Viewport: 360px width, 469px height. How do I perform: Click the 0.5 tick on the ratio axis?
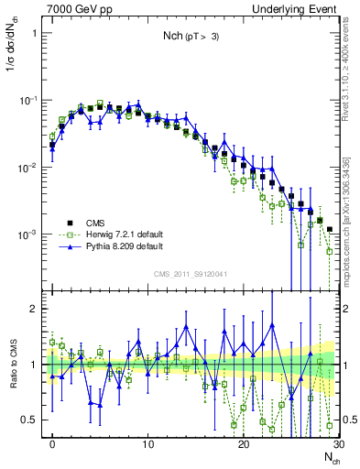[x=33, y=420]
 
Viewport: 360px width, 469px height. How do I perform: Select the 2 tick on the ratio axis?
[x=38, y=309]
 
